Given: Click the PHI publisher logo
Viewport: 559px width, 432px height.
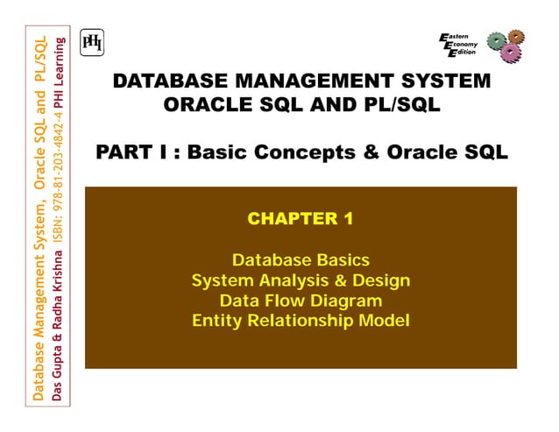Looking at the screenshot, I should pos(91,42).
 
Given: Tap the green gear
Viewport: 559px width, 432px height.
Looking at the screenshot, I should pos(494,40).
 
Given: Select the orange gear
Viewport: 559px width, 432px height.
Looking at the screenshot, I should pos(516,37).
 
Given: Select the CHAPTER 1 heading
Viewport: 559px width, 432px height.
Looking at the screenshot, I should pos(301,219).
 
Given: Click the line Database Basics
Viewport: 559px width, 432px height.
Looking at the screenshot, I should pos(301,260).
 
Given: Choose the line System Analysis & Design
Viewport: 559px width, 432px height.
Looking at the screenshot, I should pos(301,280).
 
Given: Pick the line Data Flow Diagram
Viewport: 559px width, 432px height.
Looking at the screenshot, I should pos(301,301).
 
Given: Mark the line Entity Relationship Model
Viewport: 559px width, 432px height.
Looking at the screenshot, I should pos(301,321).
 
